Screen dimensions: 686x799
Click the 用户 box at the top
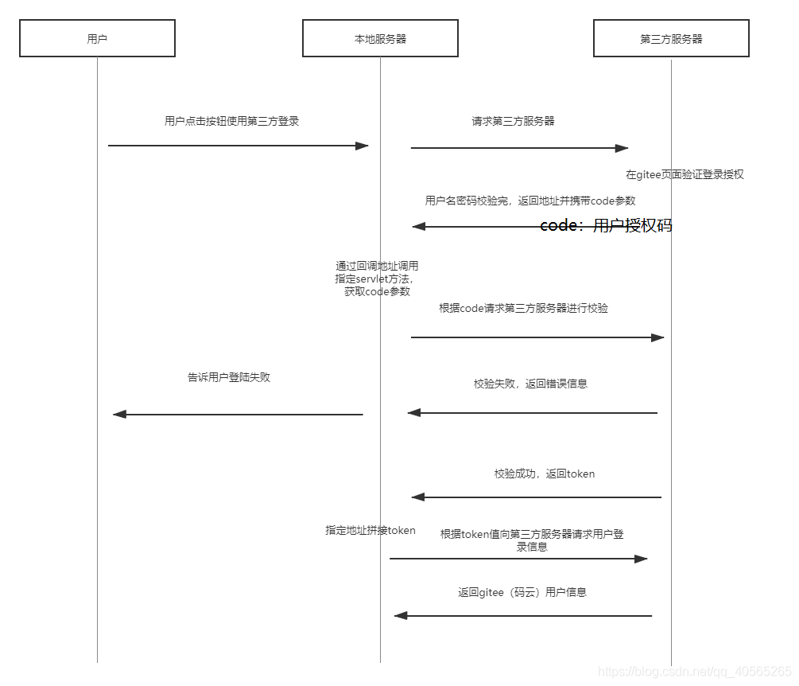click(x=97, y=38)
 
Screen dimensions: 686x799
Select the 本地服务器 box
click(x=380, y=38)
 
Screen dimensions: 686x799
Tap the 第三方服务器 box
click(x=671, y=38)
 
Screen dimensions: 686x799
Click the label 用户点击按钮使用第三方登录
click(x=231, y=121)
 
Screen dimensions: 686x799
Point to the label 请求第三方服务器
click(x=513, y=121)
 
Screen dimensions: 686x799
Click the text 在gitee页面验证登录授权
click(x=685, y=174)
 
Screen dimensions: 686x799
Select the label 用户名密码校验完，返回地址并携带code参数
click(x=530, y=201)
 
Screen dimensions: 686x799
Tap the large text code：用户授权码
click(x=606, y=225)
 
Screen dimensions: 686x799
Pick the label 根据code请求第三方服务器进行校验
click(x=523, y=308)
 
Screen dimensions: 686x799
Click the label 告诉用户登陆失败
click(x=229, y=377)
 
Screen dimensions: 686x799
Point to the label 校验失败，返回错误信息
click(x=530, y=384)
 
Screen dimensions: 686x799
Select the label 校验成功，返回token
click(x=544, y=474)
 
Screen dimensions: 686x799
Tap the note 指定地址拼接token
click(x=370, y=530)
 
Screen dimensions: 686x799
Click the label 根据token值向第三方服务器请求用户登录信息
click(x=532, y=540)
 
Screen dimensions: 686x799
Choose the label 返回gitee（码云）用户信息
click(x=522, y=592)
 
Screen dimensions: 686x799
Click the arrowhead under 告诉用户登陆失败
click(x=120, y=414)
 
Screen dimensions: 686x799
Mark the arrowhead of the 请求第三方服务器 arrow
click(x=622, y=147)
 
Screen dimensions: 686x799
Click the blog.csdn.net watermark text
click(x=694, y=672)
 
